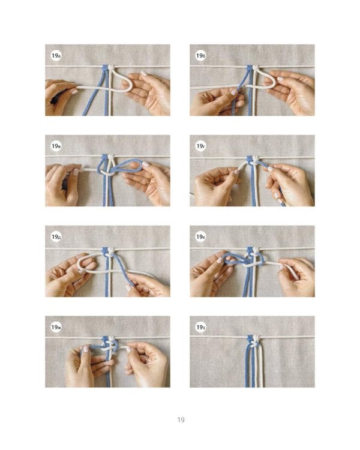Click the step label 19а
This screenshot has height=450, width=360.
[56, 55]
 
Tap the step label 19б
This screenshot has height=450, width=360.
[200, 55]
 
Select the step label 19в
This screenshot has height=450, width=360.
[56, 146]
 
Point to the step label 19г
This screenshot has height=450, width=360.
[200, 146]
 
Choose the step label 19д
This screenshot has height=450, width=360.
[56, 237]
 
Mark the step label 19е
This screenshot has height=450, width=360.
[200, 237]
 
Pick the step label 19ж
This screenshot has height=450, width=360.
[56, 327]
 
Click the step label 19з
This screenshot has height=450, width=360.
[200, 327]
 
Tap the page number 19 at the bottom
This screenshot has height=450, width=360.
[181, 420]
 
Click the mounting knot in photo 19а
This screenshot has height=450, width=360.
[107, 68]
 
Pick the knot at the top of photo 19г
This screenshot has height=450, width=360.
[253, 160]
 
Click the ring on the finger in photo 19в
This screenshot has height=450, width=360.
[147, 182]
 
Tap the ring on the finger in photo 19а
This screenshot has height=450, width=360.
[146, 93]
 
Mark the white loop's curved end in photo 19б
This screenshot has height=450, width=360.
[274, 83]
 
